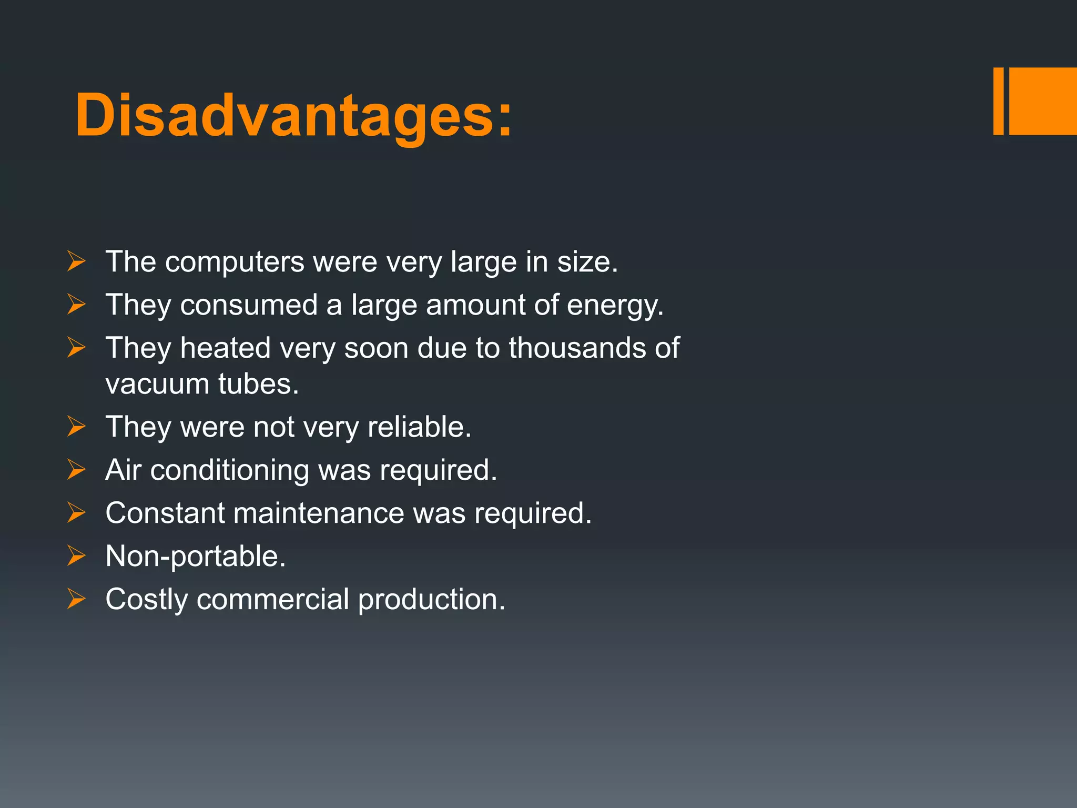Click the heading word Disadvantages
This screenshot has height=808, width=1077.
click(x=293, y=116)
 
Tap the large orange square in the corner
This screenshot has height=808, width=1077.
click(x=1043, y=101)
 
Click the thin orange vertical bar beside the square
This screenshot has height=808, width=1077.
click(x=998, y=101)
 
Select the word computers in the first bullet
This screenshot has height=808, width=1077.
click(x=235, y=262)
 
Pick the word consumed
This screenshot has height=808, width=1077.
click(x=249, y=305)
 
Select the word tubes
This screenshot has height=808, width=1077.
click(x=258, y=384)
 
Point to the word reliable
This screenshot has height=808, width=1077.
click(x=419, y=427)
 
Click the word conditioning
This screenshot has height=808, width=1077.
click(x=230, y=470)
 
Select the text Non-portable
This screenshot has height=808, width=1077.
click(x=195, y=556)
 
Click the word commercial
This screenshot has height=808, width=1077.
click(x=272, y=599)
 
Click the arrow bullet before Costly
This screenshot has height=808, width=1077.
click(x=76, y=599)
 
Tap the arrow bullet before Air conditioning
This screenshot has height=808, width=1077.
click(x=76, y=469)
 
